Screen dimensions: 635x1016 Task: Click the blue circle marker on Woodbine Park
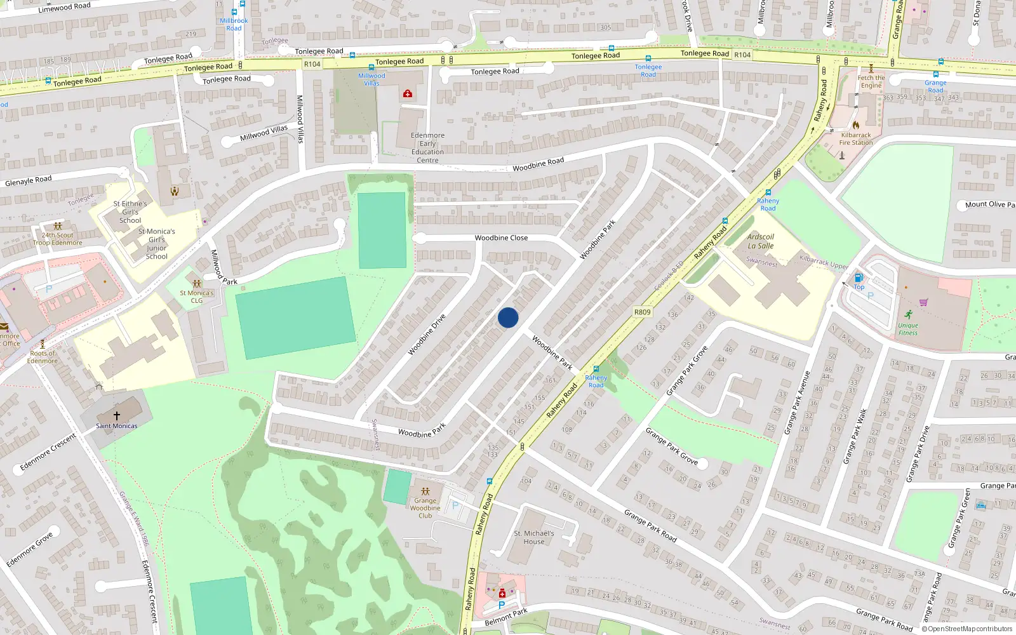(x=508, y=317)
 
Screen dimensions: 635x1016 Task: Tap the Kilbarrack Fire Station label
(x=856, y=138)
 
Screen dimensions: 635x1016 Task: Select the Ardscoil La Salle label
(x=760, y=241)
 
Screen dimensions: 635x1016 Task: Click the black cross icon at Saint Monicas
(x=116, y=415)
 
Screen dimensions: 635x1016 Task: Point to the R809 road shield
(x=642, y=312)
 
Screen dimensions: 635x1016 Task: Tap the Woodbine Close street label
(x=501, y=238)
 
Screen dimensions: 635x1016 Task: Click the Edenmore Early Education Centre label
(x=427, y=147)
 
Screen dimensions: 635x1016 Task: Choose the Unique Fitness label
(x=907, y=329)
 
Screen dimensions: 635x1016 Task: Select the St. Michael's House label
(x=533, y=537)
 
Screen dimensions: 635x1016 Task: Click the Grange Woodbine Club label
(x=425, y=507)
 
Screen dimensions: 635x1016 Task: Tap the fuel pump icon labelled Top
(x=859, y=277)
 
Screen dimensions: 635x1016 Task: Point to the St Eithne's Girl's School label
(x=130, y=212)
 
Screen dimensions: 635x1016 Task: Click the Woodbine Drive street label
(x=426, y=335)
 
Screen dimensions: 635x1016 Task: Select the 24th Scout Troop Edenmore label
(x=57, y=239)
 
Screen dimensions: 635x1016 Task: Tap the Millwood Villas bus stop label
(x=371, y=79)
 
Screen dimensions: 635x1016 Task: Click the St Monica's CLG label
(x=197, y=297)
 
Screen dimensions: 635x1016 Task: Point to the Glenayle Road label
(x=29, y=181)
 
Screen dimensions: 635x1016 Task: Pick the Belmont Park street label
(x=506, y=617)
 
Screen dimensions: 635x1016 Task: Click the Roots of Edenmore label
(x=43, y=357)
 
